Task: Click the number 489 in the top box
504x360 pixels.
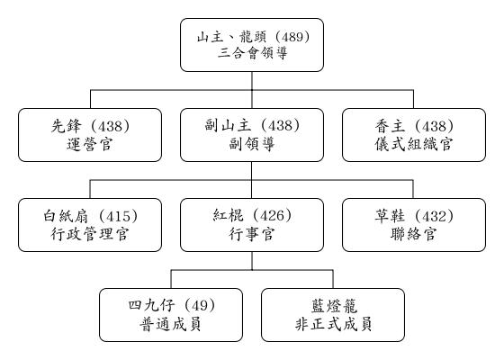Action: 292,37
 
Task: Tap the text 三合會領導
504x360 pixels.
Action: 252,53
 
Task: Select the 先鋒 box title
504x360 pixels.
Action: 67,126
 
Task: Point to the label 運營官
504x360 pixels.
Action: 90,144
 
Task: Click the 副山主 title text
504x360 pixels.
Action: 229,125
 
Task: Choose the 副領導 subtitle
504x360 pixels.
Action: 252,144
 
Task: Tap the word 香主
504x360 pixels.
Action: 391,126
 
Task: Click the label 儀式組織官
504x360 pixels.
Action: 414,144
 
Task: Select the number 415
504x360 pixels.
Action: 118,216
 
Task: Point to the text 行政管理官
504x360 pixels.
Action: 90,234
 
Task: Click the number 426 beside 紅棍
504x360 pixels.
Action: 272,216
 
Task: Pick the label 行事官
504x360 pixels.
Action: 252,234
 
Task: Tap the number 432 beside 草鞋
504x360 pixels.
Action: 434,216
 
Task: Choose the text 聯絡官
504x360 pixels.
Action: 414,234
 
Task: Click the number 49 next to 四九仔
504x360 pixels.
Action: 199,306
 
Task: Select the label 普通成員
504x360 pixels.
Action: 170,324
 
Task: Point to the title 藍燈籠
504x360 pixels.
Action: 334,306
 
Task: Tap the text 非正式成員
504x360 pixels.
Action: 334,324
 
